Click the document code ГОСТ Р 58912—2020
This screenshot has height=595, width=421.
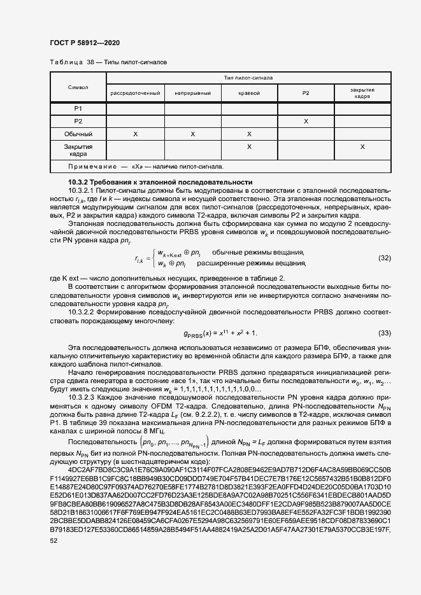84,43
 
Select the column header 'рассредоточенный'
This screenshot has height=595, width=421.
135,93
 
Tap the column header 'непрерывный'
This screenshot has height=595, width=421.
193,93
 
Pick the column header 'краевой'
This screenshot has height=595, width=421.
249,93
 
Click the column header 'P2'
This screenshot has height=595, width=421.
306,93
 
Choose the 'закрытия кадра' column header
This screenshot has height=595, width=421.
362,93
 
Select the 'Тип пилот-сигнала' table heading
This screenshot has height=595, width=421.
248,78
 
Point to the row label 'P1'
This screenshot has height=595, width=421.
78,109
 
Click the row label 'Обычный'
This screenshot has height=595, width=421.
78,134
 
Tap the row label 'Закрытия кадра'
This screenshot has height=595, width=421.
78,150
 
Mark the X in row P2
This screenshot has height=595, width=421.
306,122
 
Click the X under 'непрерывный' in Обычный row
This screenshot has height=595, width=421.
193,134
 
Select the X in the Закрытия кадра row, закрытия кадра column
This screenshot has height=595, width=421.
362,147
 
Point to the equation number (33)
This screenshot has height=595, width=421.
384,333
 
